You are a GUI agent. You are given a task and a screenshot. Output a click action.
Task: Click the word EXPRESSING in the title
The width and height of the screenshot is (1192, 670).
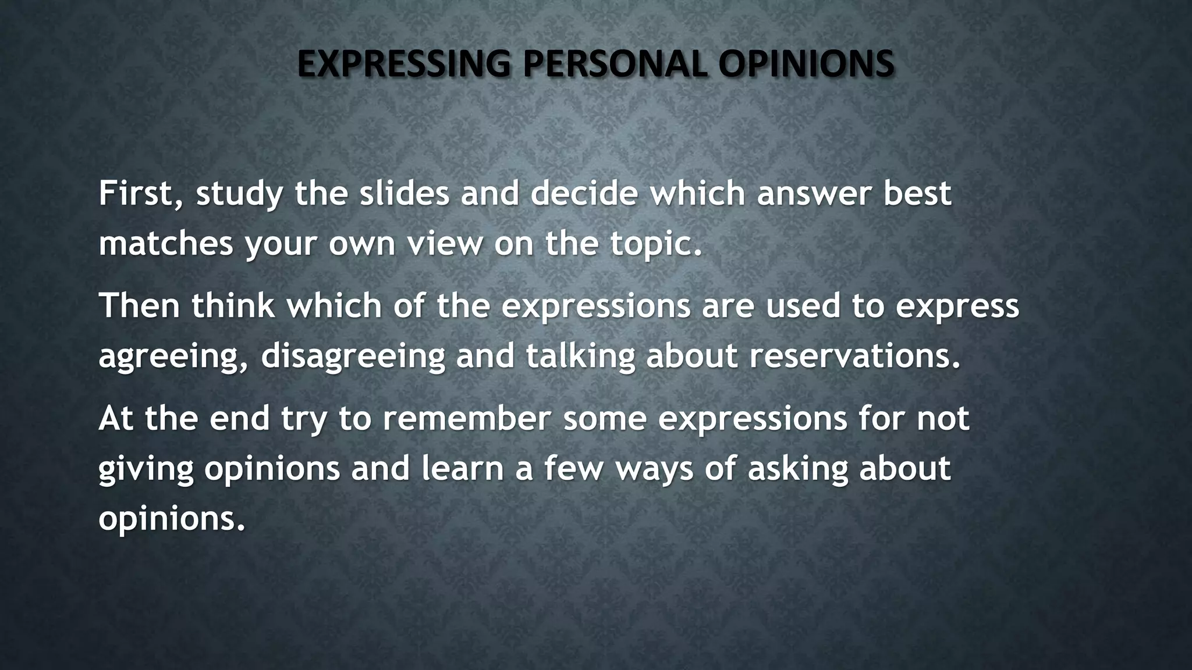403,64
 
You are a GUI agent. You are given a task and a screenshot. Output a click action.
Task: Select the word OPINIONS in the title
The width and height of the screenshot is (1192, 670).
806,64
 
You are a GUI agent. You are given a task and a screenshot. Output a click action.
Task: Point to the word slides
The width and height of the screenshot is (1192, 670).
404,193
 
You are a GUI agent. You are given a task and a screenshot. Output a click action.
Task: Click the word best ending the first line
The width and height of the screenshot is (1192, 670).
917,193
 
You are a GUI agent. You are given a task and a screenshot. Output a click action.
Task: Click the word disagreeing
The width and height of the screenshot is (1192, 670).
353,357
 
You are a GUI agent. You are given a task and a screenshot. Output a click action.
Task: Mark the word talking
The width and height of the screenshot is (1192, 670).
580,355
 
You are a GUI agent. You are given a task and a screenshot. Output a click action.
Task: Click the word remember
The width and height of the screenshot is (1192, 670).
466,418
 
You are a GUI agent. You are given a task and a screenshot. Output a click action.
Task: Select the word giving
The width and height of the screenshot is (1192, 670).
146,469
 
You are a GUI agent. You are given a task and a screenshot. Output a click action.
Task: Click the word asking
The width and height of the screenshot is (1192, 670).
797,469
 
